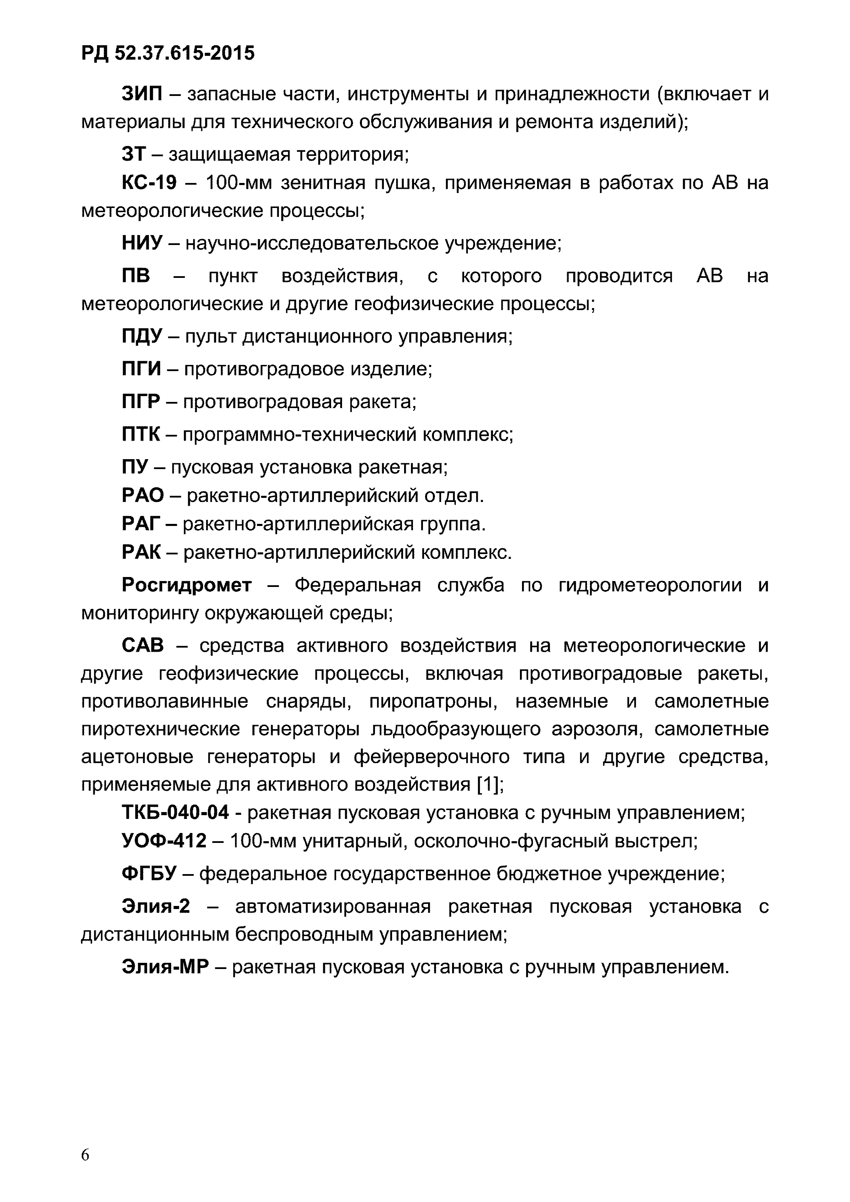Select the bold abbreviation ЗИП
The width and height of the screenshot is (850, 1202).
[142, 94]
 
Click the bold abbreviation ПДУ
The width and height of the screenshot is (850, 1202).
[142, 336]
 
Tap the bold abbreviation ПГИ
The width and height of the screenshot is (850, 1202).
[141, 369]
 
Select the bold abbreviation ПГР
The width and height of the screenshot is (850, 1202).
[141, 402]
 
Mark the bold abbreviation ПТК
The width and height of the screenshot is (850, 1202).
[141, 434]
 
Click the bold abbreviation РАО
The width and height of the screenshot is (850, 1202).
[143, 495]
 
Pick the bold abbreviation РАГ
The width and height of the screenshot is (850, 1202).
[141, 524]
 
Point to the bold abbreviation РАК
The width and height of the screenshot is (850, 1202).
[141, 552]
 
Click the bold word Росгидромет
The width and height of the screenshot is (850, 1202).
[186, 585]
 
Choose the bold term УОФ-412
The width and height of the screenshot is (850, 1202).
[164, 841]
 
